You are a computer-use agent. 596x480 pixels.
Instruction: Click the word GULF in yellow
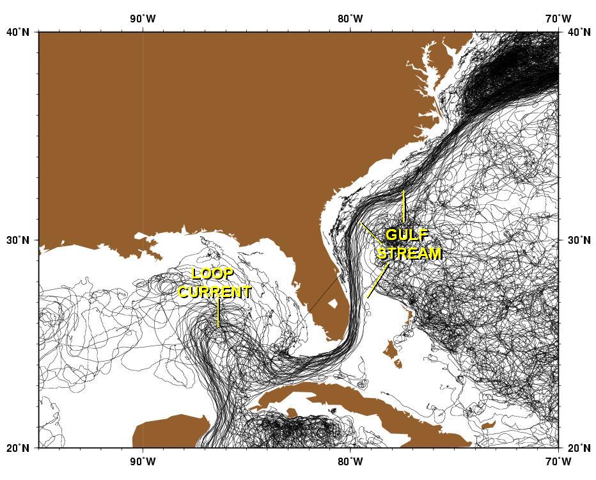(407, 236)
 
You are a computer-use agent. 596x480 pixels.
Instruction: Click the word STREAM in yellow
(409, 253)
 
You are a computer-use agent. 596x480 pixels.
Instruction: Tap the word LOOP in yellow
(212, 274)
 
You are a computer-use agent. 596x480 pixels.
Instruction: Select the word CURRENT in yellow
(214, 292)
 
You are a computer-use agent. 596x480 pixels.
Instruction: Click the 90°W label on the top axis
(142, 19)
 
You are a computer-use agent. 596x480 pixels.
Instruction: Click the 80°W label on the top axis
(350, 19)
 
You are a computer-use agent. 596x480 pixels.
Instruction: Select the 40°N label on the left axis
(19, 31)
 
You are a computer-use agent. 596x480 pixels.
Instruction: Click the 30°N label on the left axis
(19, 240)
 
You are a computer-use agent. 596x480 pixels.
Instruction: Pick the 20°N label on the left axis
(19, 448)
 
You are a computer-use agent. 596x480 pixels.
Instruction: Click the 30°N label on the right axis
(578, 240)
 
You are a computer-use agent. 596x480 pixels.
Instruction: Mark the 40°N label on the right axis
(578, 31)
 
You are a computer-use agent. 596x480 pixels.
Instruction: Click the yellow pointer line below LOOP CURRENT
(218, 314)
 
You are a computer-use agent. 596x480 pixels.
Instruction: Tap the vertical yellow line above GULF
(404, 206)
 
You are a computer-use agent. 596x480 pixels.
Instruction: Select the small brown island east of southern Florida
(333, 303)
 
